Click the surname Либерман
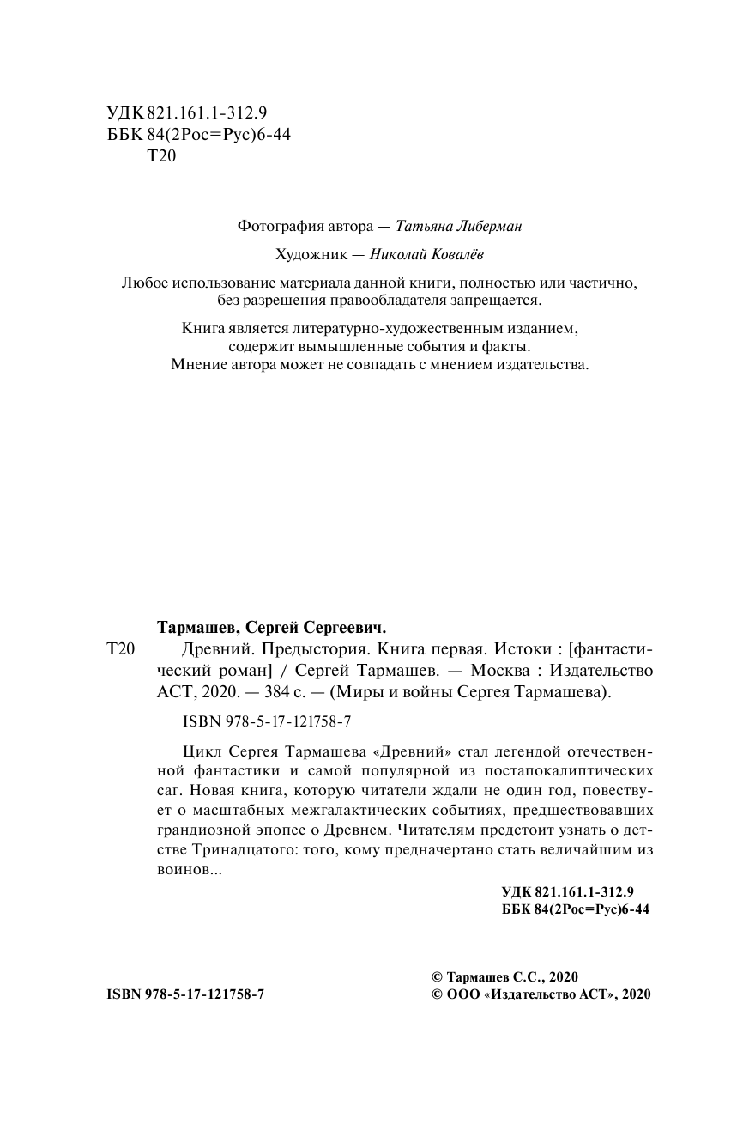(x=484, y=227)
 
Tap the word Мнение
(x=201, y=364)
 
